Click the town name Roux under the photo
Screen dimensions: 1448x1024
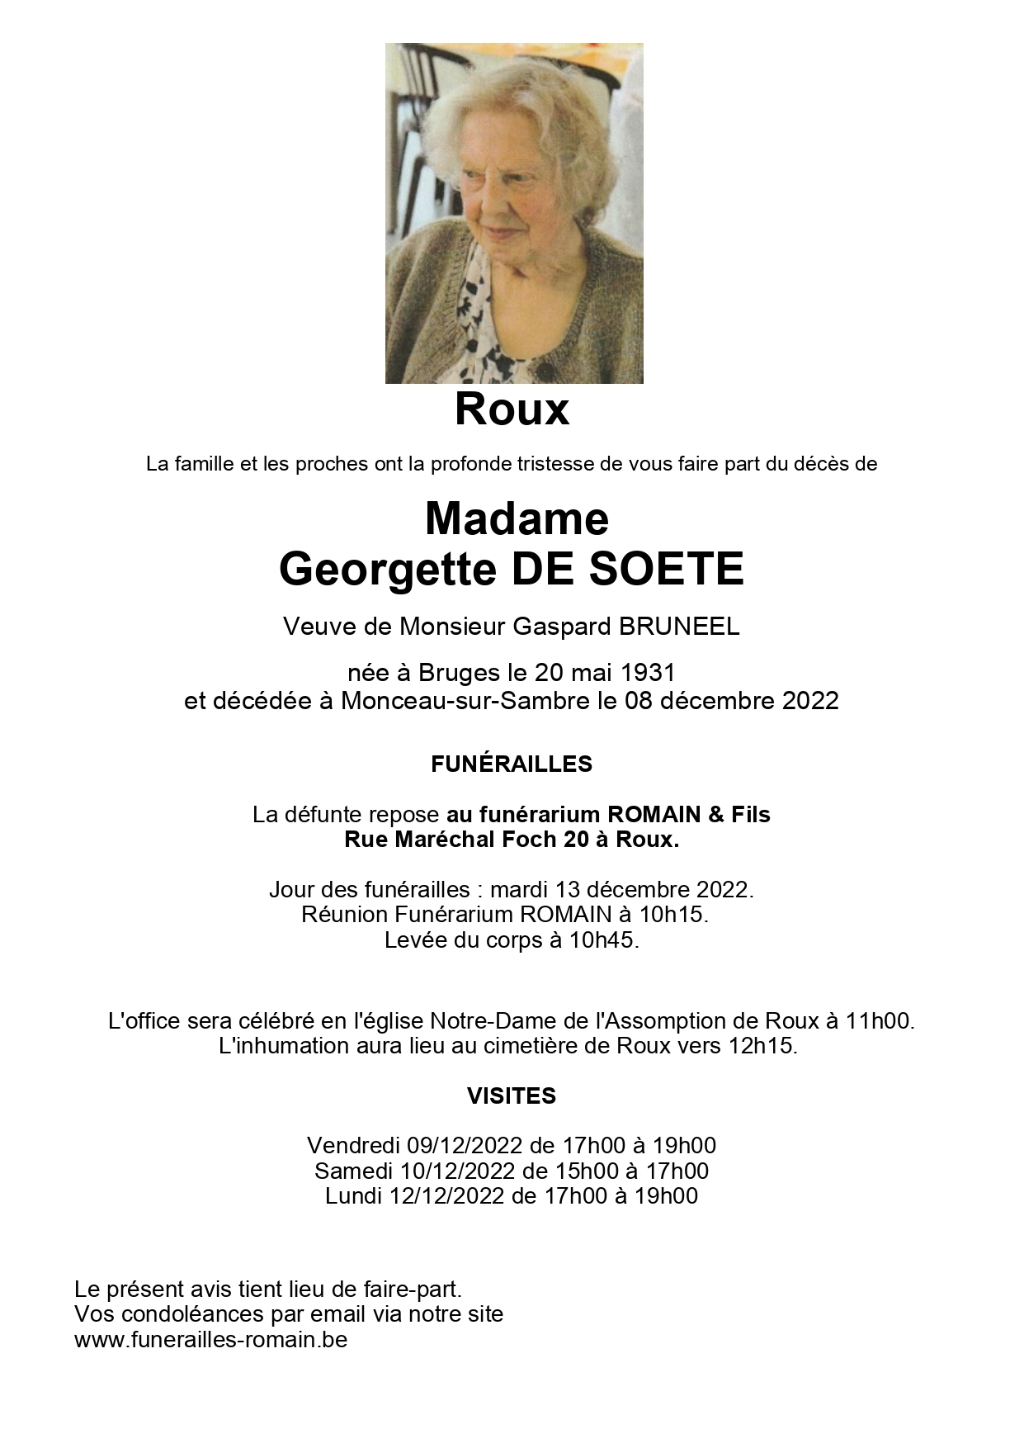pos(512,410)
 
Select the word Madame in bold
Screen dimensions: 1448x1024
pos(517,518)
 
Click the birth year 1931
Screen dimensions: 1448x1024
pos(648,672)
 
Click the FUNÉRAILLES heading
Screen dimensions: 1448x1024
pos(512,764)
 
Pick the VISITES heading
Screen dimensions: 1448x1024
pos(512,1096)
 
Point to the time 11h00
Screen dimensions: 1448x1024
pos(879,1021)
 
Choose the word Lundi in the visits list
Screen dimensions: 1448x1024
pos(353,1195)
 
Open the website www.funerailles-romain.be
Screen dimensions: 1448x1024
pos(210,1340)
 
